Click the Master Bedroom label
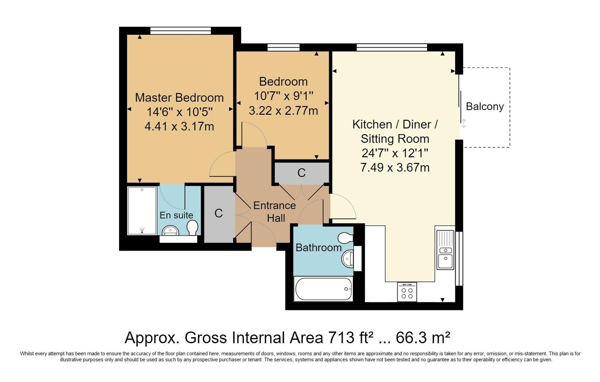click(179, 98)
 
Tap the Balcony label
click(484, 106)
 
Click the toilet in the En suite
click(192, 227)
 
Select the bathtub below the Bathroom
click(323, 289)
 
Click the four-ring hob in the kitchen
click(407, 292)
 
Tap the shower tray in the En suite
click(142, 210)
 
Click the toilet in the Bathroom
click(345, 238)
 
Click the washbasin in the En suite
click(171, 231)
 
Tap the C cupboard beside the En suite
click(219, 213)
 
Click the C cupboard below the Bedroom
click(301, 173)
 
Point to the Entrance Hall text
click(275, 212)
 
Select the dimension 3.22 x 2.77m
click(283, 111)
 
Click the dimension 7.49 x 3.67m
click(395, 167)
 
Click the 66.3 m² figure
click(423, 337)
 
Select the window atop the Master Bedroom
click(181, 31)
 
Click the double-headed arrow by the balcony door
click(464, 123)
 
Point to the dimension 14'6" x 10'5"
click(179, 112)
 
